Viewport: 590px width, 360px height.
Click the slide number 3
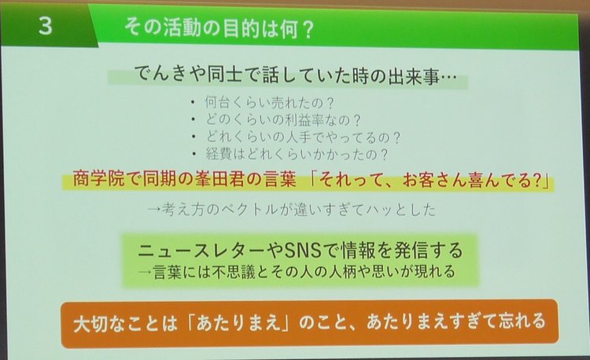[45, 26]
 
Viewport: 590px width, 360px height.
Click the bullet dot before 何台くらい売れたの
[193, 102]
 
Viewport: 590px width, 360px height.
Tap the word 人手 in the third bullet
[297, 137]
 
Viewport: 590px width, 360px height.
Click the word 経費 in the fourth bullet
[218, 154]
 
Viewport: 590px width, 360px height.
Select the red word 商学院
[98, 179]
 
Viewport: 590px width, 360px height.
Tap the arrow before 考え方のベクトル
[154, 209]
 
